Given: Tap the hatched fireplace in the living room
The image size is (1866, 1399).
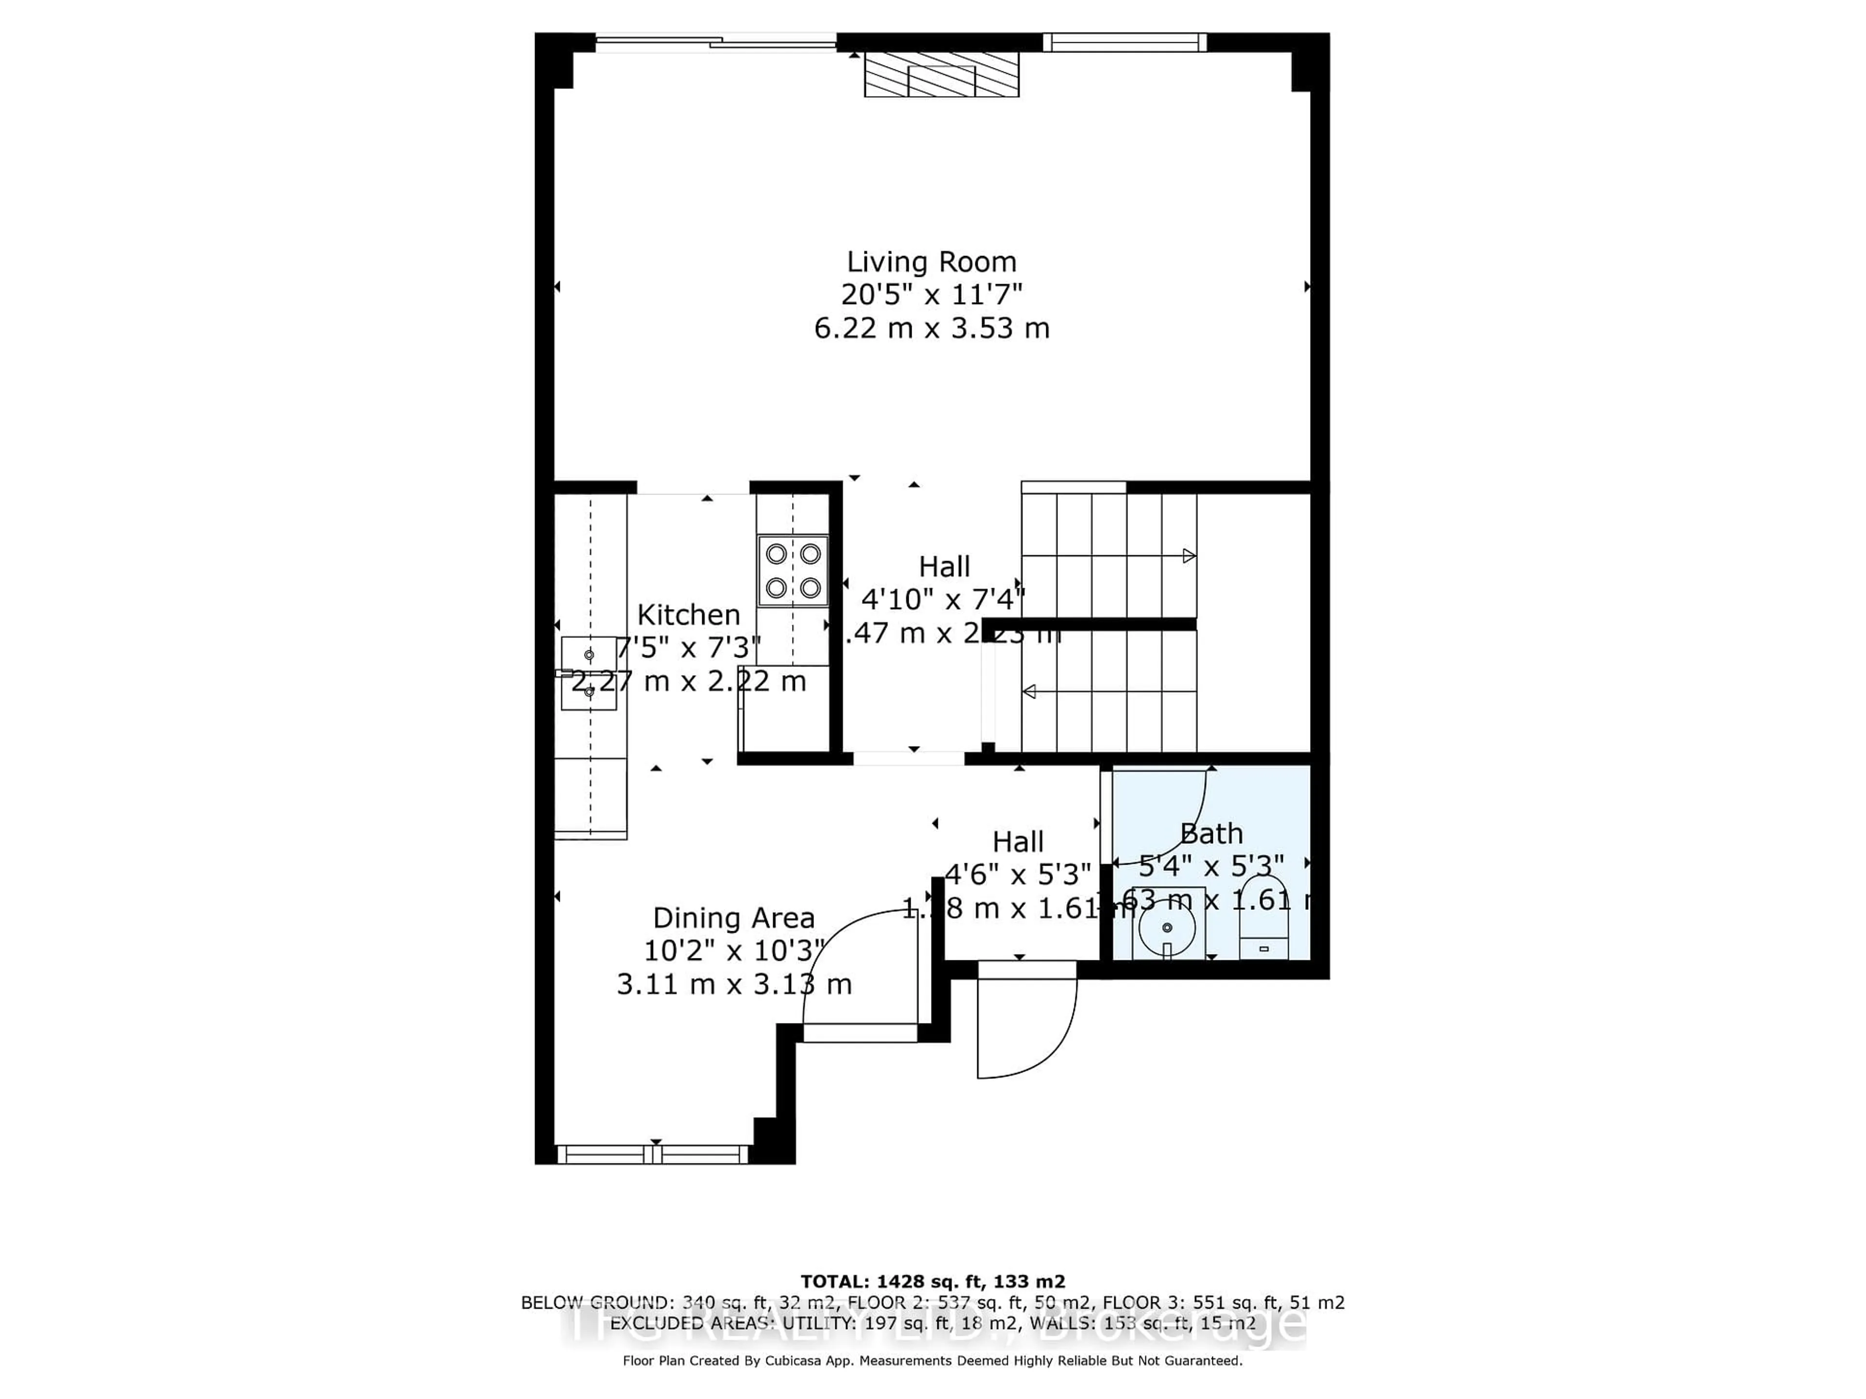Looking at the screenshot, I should point(941,74).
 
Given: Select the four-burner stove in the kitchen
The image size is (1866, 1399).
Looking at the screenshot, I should point(793,571).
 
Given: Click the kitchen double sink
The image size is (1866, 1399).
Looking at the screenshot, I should point(589,673).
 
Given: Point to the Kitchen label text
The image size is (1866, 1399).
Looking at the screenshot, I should point(689,615).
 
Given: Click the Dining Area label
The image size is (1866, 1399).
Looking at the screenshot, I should point(734,918).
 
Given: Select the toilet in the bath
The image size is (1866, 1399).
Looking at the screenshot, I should point(1264,932).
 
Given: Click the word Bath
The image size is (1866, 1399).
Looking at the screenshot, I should point(1211,834).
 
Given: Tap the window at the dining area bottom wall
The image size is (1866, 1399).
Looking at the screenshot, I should point(654,1155).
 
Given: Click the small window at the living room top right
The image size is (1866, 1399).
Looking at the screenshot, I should point(1124,42).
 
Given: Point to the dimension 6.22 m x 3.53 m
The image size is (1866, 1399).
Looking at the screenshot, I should point(932,328).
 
